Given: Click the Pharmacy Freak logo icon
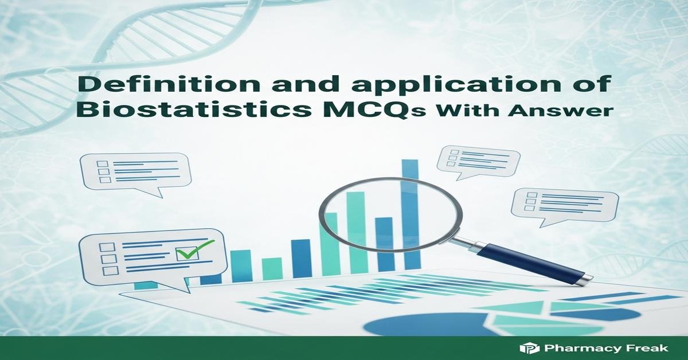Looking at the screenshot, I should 526,348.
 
